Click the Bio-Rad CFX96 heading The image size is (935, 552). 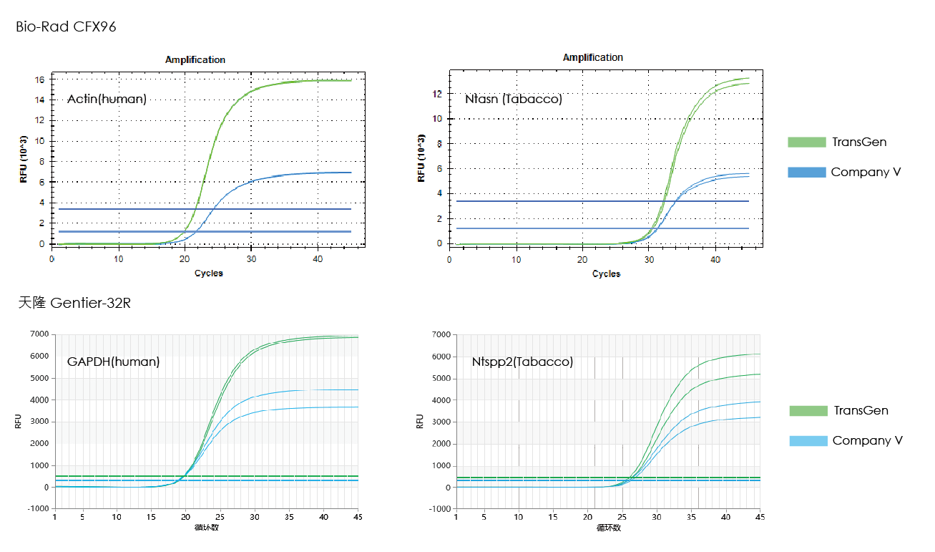pos(66,27)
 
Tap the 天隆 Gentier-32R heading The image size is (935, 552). pos(74,303)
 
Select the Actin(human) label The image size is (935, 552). pos(107,99)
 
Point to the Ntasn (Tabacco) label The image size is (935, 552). pos(513,99)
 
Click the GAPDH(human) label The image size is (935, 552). pos(113,362)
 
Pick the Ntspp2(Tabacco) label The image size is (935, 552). pos(522,362)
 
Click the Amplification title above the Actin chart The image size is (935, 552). pos(195,59)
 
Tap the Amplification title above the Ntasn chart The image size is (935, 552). pos(592,57)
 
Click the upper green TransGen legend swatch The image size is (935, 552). pos(806,142)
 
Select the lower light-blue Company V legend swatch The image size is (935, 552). pos(808,440)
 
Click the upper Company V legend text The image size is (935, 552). pos(866,172)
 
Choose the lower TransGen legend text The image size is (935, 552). pos(861,410)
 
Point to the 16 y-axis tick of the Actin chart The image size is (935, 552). pos(40,79)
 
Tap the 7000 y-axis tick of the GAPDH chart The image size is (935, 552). pos(38,334)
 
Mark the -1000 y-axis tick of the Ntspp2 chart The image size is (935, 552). pos(439,509)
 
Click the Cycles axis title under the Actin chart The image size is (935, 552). pos(208,273)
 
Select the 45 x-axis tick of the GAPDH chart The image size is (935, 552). pos(358,517)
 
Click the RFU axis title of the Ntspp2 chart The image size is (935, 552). pos(420,422)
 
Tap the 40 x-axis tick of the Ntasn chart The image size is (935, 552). pos(715,258)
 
